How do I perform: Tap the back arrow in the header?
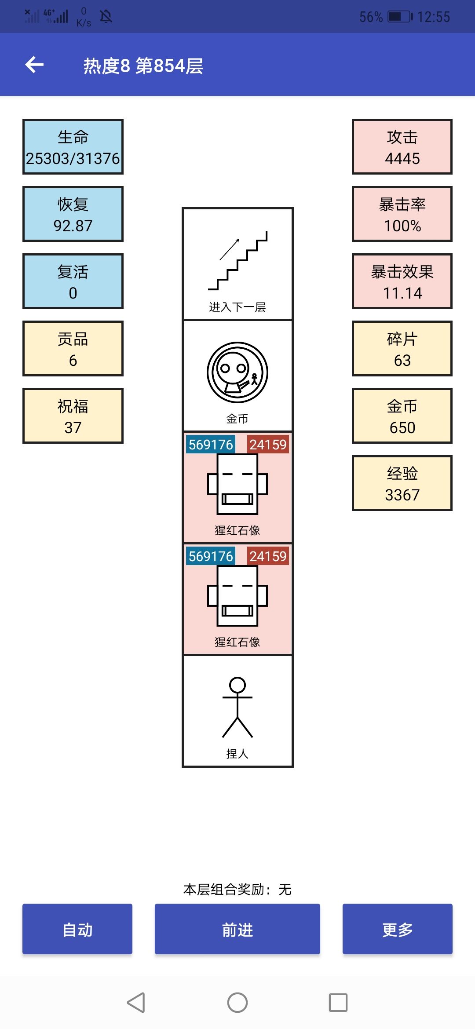(34, 65)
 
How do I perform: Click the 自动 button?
(77, 929)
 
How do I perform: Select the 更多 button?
(397, 929)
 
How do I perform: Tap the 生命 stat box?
(73, 147)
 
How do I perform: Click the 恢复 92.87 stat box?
(73, 214)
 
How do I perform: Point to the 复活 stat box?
(73, 281)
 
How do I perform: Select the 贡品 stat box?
(73, 349)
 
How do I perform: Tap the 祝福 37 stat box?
(73, 416)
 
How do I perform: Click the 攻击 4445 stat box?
(402, 147)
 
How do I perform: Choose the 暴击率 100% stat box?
(402, 214)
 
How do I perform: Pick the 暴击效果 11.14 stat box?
(402, 281)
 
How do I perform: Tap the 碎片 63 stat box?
(402, 349)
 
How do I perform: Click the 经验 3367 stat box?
(402, 483)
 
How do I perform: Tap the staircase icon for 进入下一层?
(237, 260)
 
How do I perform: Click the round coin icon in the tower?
(237, 373)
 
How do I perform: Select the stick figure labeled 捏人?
(237, 707)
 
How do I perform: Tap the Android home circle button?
(237, 1003)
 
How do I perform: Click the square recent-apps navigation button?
(338, 1003)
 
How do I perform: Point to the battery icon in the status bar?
(400, 17)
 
